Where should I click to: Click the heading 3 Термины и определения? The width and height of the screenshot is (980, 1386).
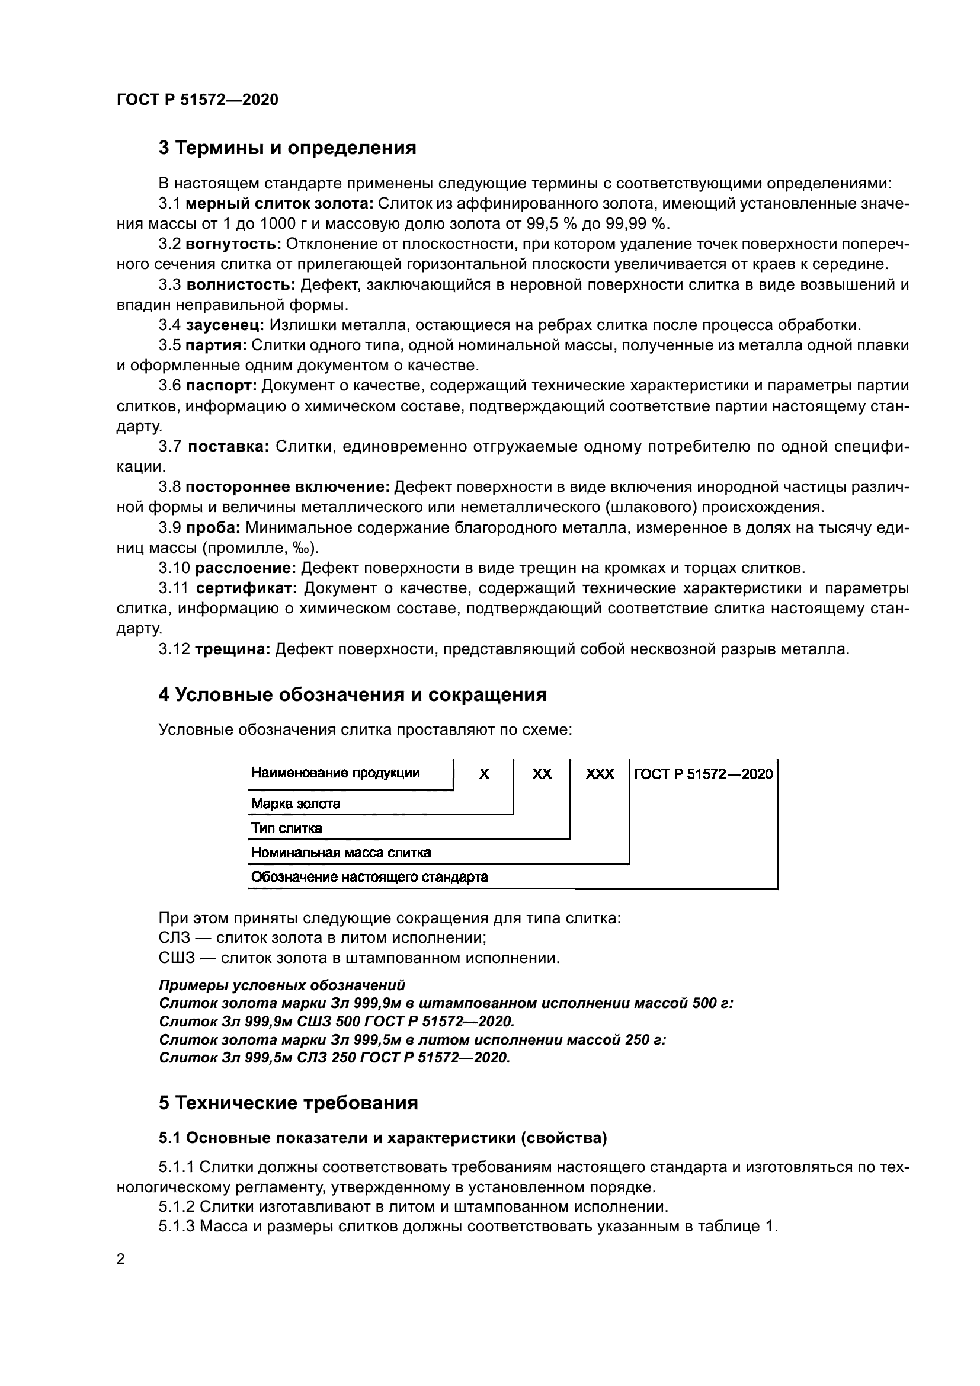pyautogui.click(x=287, y=148)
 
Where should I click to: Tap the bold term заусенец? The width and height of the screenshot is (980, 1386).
pyautogui.click(x=225, y=325)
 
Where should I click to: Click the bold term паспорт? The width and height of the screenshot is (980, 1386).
pyautogui.click(x=222, y=386)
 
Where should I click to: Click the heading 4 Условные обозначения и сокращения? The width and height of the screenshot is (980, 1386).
pyautogui.click(x=353, y=695)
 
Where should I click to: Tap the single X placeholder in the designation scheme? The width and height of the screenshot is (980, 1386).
pyautogui.click(x=483, y=774)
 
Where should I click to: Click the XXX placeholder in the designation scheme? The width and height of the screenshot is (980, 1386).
pyautogui.click(x=599, y=774)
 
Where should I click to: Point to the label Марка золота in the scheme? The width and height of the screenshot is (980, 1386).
pyautogui.click(x=296, y=804)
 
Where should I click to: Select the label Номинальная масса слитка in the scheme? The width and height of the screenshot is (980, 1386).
pyautogui.click(x=341, y=853)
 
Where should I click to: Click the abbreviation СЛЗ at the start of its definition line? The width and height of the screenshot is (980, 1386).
pyautogui.click(x=174, y=938)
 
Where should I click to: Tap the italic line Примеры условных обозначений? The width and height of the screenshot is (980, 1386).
pyautogui.click(x=282, y=986)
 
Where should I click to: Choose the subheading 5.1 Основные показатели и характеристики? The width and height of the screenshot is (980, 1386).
pyautogui.click(x=383, y=1138)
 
